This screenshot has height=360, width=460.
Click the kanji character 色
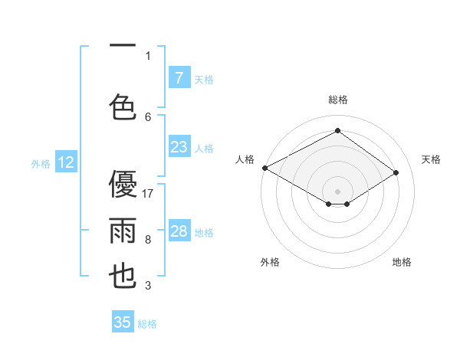point(124,105)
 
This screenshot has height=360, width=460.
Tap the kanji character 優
point(124,185)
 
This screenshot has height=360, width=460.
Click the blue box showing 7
point(179,77)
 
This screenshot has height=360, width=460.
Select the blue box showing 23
point(179,147)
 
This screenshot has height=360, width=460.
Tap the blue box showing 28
point(179,231)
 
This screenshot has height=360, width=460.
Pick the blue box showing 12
point(66,162)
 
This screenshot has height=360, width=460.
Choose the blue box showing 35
point(123,322)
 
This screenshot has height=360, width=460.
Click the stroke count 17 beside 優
point(149,194)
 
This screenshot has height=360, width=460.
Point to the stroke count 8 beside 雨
point(148,240)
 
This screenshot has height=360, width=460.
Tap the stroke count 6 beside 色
point(148,116)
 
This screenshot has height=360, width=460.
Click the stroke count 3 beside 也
point(148,286)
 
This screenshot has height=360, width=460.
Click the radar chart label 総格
point(337,100)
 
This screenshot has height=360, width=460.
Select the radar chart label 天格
point(431,159)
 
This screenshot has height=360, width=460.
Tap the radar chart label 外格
point(270,262)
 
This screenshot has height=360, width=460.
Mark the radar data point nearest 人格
point(264,168)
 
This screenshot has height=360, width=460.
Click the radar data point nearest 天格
point(396,172)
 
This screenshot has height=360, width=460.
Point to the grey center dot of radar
point(337,191)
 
